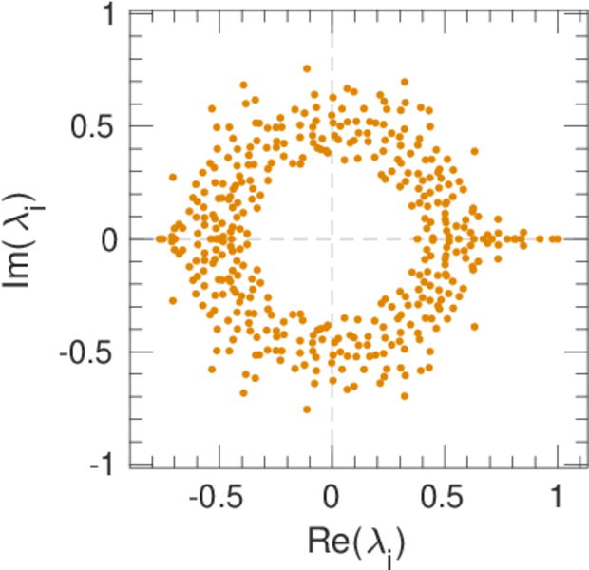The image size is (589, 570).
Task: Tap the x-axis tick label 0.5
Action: (x=444, y=499)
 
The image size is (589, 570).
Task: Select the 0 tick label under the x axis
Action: (x=332, y=499)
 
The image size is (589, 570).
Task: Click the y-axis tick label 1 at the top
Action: (x=107, y=15)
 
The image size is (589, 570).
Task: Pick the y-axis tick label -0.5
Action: (x=89, y=351)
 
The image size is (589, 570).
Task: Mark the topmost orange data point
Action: (x=306, y=68)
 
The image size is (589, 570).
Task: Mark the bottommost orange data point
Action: (x=306, y=409)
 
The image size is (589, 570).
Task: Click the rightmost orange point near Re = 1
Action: (x=557, y=238)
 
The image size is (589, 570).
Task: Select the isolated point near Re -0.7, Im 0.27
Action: (x=173, y=178)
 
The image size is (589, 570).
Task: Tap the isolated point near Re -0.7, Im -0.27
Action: (x=173, y=300)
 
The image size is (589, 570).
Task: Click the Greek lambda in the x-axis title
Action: (x=377, y=541)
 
